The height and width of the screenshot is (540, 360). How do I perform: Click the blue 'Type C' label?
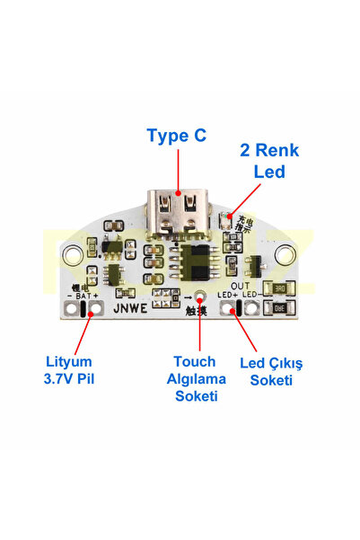click(x=176, y=136)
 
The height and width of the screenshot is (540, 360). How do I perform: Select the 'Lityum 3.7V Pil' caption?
click(x=70, y=370)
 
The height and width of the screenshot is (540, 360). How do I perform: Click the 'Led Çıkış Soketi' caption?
click(x=272, y=371)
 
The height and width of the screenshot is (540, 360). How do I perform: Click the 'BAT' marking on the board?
click(x=84, y=295)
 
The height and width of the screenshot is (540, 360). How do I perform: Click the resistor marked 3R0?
click(x=277, y=289)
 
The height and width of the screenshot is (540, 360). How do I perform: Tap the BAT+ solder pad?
click(x=92, y=309)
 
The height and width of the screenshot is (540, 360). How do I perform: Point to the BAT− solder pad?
click(x=71, y=309)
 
